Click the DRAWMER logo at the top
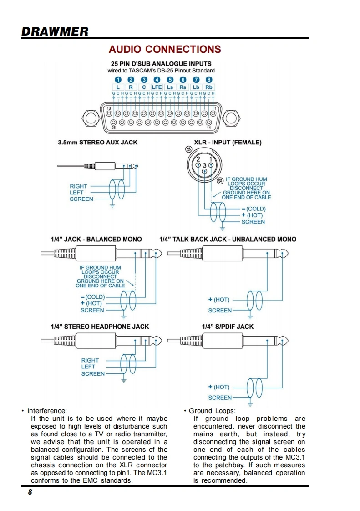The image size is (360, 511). tap(55, 31)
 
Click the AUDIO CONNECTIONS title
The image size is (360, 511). tap(165, 49)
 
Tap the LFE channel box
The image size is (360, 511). tap(157, 87)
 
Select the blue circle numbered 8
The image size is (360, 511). tap(209, 80)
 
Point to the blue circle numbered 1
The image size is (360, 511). tap(118, 80)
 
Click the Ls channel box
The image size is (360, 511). tap(170, 87)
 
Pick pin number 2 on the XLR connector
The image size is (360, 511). tap(198, 159)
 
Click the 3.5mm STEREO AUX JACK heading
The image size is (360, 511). tap(97, 142)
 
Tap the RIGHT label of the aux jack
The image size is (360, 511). tap(78, 186)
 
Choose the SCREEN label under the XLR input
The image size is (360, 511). tap(253, 222)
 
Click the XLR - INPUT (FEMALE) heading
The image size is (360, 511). tap(228, 142)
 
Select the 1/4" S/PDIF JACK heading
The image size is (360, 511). tap(228, 327)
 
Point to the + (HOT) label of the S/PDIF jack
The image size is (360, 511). tap(219, 387)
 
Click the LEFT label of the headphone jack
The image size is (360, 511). tap(88, 367)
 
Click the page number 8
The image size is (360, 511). tap(30, 492)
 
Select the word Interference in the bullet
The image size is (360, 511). tap(47, 411)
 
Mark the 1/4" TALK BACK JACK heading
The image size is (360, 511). tap(228, 239)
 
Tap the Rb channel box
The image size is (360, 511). tap(209, 87)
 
